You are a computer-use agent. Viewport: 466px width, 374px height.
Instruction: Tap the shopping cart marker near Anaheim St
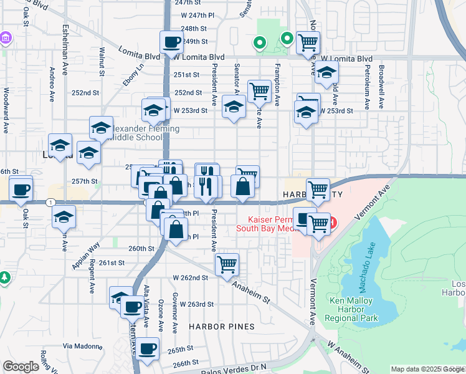click(227, 264)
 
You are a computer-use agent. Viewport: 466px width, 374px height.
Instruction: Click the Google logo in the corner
click(21, 367)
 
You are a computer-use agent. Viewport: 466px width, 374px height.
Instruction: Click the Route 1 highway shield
click(50, 202)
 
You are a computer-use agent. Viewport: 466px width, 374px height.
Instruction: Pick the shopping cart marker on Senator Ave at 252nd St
click(259, 91)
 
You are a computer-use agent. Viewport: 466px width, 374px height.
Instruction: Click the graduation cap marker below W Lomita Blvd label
click(325, 74)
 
